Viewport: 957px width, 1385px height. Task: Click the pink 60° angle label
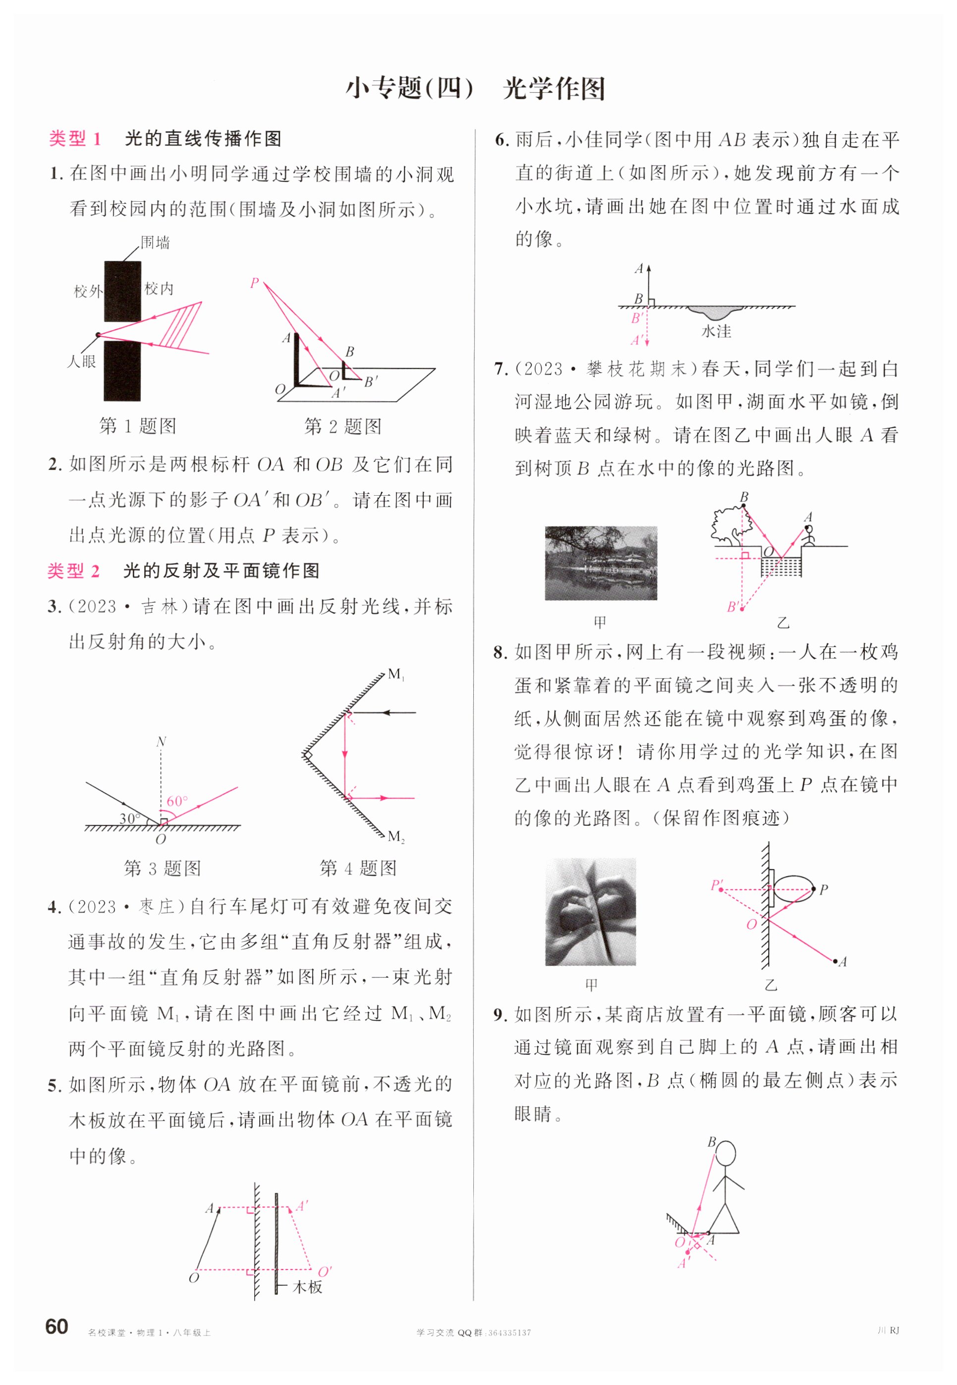(x=177, y=801)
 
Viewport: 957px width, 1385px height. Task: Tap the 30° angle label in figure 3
(x=129, y=818)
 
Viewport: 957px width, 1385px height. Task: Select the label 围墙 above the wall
(x=155, y=243)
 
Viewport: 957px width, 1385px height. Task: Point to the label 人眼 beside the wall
(x=82, y=361)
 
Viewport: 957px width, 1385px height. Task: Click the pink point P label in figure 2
(x=254, y=283)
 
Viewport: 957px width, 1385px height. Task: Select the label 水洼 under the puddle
(x=717, y=332)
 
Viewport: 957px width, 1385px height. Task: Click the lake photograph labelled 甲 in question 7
(x=601, y=563)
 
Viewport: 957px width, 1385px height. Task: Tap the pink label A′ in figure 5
(x=302, y=1206)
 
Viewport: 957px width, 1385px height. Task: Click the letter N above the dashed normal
(x=161, y=742)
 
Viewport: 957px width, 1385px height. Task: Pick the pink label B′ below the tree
(x=732, y=607)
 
